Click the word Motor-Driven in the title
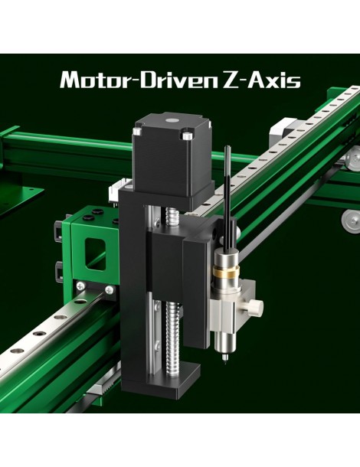coord(139,80)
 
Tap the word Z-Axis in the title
coord(262,80)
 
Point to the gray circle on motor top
coord(172,120)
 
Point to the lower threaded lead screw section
coord(172,337)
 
